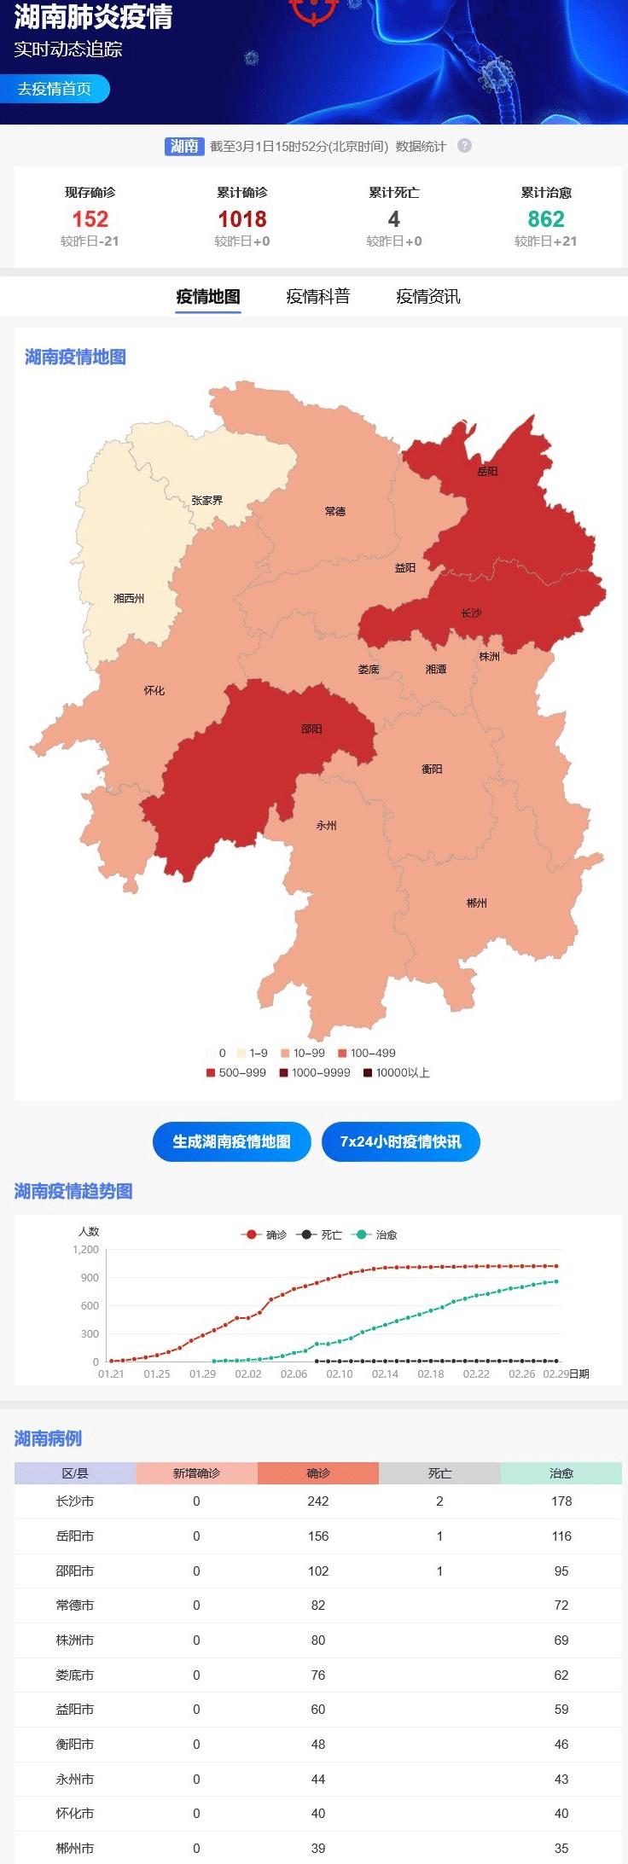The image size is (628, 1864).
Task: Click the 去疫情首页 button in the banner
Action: click(55, 89)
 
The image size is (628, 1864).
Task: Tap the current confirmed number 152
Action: click(90, 219)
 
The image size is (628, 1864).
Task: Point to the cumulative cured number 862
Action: click(545, 219)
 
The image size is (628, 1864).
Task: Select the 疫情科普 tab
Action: click(317, 297)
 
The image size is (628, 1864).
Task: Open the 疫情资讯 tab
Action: click(427, 297)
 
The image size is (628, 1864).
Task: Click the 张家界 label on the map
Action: click(206, 501)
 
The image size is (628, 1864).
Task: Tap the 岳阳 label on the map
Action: click(487, 471)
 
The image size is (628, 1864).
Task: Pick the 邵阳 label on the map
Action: click(311, 729)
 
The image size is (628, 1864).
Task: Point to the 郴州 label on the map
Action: click(477, 903)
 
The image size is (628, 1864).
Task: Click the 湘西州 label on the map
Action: click(129, 599)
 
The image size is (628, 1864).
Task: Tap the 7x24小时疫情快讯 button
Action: click(400, 1141)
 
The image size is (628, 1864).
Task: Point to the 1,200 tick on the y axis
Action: click(85, 1249)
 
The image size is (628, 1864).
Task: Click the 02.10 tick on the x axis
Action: click(340, 1373)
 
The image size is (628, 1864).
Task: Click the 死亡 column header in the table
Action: click(439, 1473)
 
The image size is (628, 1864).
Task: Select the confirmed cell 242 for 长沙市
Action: click(318, 1501)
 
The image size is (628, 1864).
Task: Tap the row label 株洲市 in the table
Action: click(75, 1640)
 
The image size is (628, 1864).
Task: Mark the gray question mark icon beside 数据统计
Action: click(464, 146)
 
